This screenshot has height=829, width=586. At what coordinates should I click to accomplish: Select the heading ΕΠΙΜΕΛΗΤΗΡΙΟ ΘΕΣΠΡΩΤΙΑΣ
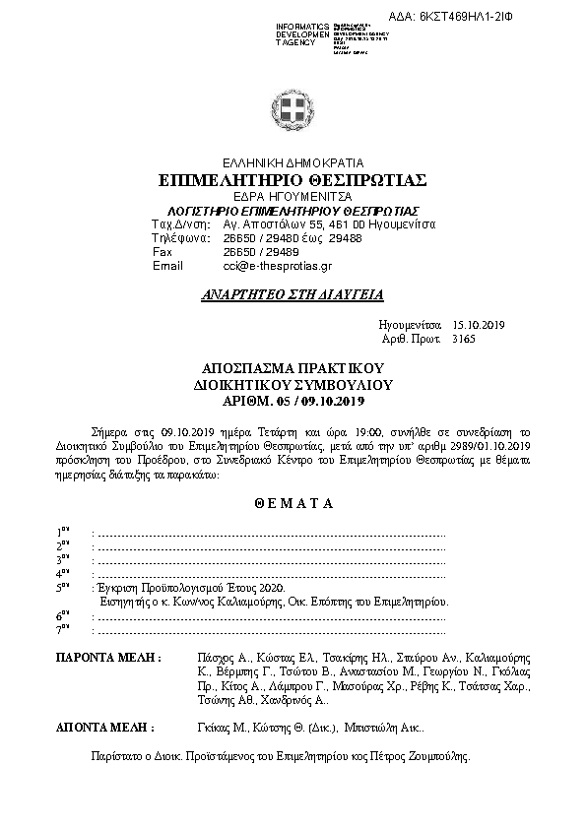pos(292,180)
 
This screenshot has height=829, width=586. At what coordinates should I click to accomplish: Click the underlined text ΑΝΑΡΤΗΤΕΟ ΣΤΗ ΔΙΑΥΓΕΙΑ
pos(293,294)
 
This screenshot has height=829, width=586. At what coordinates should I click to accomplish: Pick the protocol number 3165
pos(463,338)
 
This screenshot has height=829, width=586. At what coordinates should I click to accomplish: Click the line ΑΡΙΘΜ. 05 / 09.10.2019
pos(293,402)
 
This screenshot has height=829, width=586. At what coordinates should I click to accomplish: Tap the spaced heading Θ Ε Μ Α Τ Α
pos(293,503)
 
